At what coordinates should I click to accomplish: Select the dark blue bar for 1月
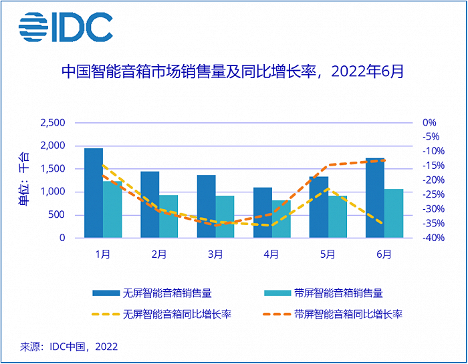tap(94, 192)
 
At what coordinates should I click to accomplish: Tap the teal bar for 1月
tap(112, 209)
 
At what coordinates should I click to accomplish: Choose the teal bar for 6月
tap(394, 213)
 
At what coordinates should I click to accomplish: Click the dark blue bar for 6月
tap(375, 198)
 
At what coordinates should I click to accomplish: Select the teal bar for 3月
tap(225, 216)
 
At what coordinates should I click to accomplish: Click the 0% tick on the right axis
tap(429, 123)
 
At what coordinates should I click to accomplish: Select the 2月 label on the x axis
tap(159, 254)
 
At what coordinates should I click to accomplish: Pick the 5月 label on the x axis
tap(328, 254)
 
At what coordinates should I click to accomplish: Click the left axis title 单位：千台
tap(25, 180)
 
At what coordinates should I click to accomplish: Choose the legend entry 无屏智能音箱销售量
tap(168, 293)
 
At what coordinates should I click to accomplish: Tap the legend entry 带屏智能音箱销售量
tap(338, 293)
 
